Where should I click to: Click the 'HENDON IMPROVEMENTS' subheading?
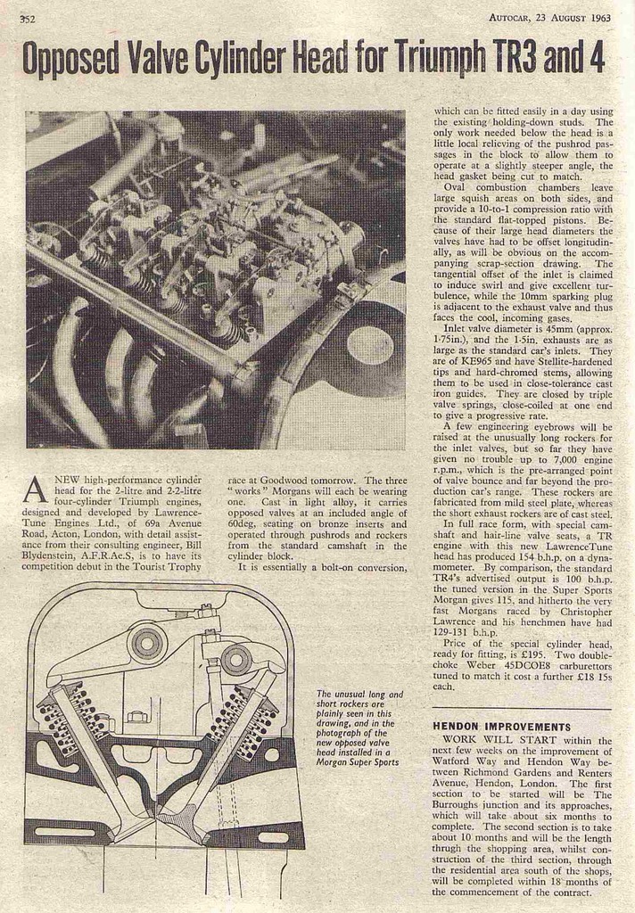click(x=501, y=727)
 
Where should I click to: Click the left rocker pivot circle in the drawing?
click(x=148, y=641)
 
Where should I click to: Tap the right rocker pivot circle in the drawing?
click(x=235, y=660)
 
